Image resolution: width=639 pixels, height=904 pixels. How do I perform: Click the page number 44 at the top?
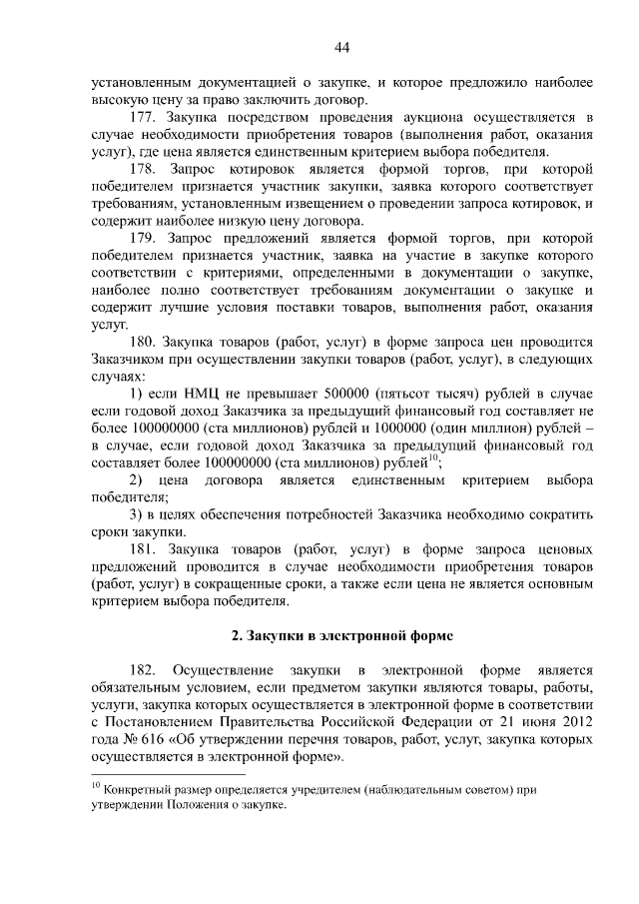tap(341, 47)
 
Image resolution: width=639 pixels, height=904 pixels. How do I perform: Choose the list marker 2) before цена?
tap(138, 480)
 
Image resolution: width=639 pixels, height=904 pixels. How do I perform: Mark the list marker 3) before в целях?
tap(138, 514)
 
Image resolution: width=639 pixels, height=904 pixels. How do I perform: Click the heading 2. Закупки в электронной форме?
tap(341, 635)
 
